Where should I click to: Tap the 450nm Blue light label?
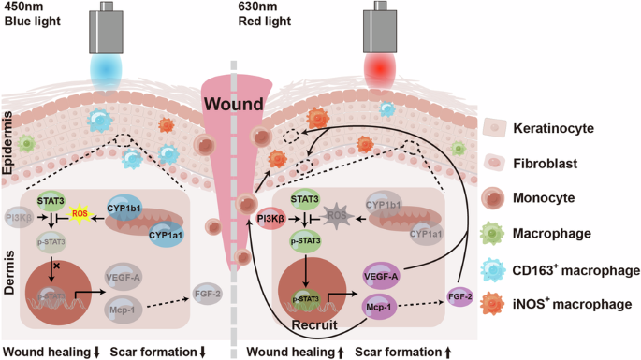coord(27,17)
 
